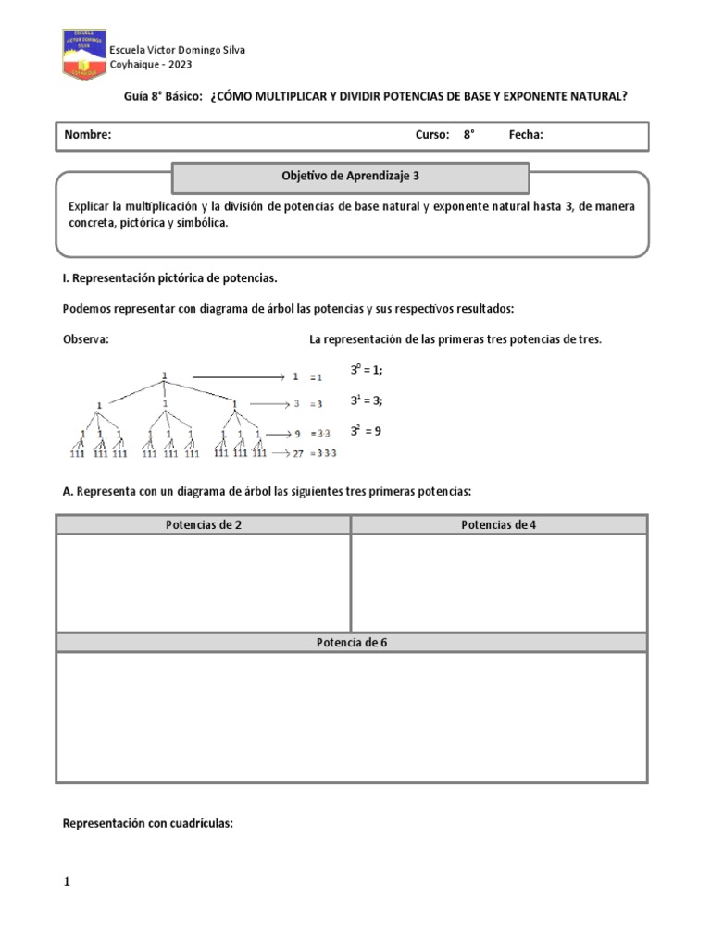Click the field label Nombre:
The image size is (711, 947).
[88, 135]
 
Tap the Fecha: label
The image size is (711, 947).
[526, 135]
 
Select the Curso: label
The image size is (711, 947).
[431, 135]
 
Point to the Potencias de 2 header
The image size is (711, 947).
[204, 525]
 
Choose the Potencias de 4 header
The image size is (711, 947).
[499, 525]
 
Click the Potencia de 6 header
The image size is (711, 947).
[352, 643]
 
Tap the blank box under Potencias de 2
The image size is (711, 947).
[204, 583]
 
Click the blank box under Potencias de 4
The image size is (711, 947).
[499, 583]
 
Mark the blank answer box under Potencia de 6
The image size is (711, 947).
[352, 717]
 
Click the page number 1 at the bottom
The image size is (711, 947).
[67, 882]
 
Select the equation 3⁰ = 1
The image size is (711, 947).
[366, 370]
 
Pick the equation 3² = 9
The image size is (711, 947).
[366, 430]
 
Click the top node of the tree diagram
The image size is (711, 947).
[165, 375]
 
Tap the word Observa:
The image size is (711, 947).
[86, 339]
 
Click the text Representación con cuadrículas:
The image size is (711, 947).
[147, 822]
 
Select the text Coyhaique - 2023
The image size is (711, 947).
[151, 64]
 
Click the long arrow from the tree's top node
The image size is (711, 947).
[236, 377]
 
